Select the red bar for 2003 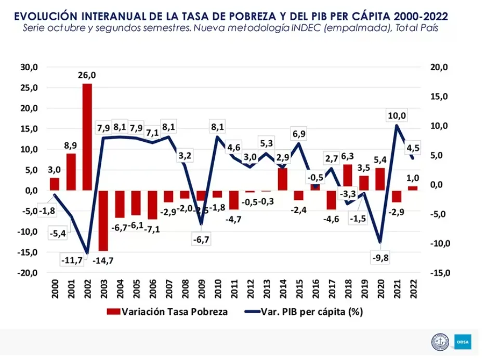click(103, 220)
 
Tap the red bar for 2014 click(282, 179)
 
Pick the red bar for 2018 click(347, 177)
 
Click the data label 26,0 click(87, 75)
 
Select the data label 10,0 click(397, 115)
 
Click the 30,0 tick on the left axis click(29, 67)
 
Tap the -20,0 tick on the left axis click(28, 273)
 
